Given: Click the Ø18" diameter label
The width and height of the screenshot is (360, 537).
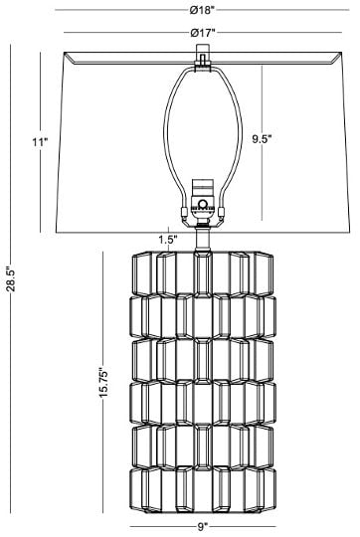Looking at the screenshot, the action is point(202,10).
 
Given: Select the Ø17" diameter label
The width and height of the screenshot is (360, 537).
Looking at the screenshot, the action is point(203,33).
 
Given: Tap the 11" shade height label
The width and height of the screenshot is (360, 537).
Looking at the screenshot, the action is point(40,142).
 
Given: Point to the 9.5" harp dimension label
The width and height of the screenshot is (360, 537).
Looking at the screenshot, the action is point(262,139).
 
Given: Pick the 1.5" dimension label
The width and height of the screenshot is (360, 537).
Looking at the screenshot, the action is point(168,239).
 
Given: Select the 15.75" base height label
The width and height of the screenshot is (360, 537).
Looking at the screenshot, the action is point(103,383).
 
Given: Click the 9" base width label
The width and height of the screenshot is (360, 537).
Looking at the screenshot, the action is point(203,527).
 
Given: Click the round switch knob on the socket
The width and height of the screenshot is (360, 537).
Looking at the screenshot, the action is point(203,205).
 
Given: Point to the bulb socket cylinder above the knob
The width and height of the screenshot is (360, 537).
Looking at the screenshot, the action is point(203,188).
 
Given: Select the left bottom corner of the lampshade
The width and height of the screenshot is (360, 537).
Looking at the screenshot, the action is point(56,233).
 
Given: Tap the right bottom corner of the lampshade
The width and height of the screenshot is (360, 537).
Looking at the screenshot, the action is point(350,233).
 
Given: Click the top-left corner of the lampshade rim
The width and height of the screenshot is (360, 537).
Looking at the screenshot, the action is point(65,52).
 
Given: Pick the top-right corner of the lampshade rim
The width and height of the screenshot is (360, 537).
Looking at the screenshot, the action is point(341,52).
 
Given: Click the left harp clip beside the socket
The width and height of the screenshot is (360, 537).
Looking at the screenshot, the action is point(184,213).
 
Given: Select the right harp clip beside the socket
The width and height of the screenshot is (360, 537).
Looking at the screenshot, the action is point(222,213).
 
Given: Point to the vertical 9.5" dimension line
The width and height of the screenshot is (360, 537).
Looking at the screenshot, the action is point(263,143).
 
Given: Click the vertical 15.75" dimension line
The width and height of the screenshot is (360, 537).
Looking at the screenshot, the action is point(103,382).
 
